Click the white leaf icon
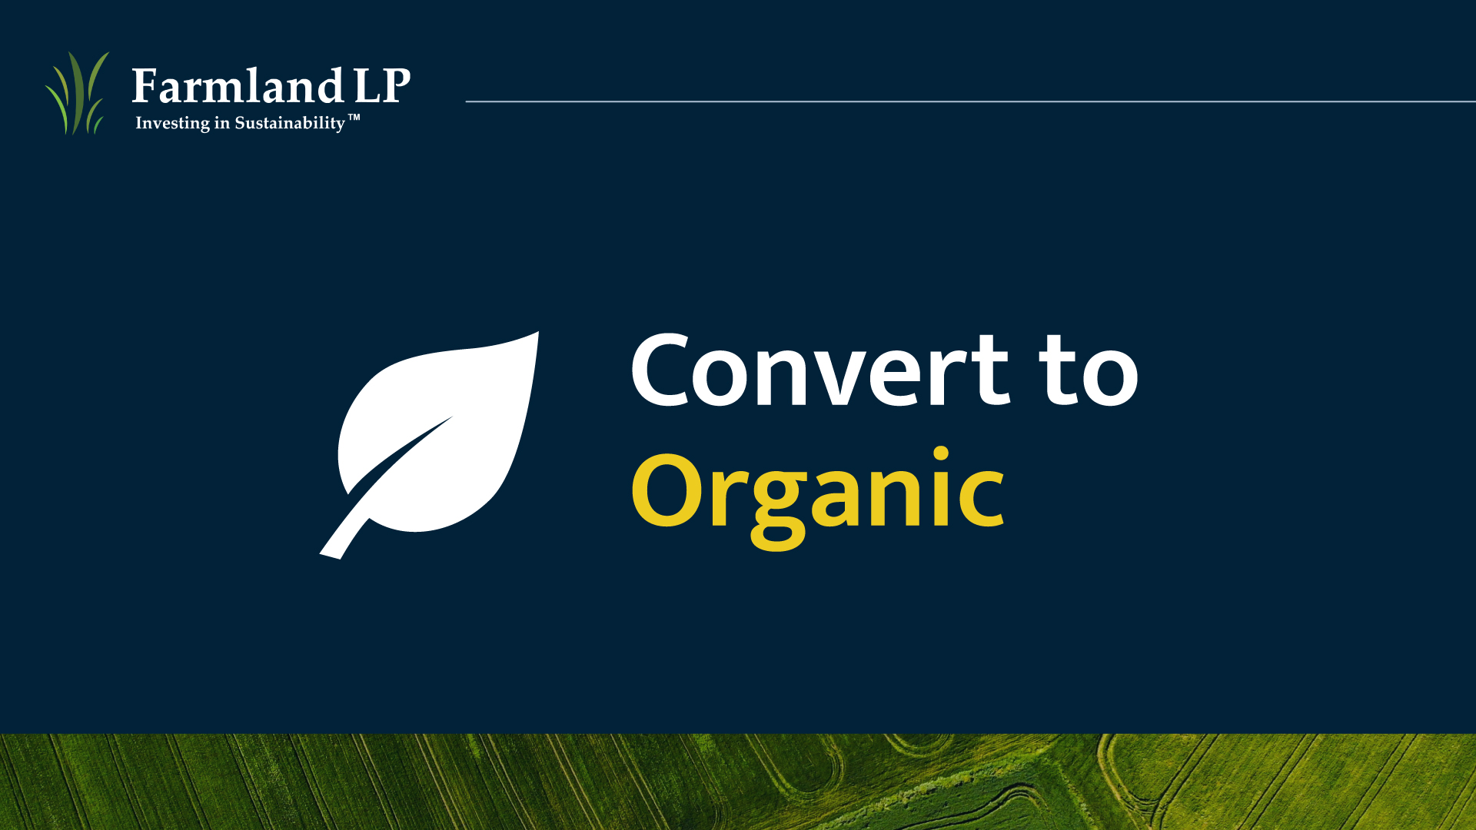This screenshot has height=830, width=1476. pyautogui.click(x=429, y=445)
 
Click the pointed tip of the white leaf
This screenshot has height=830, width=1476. pyautogui.click(x=537, y=333)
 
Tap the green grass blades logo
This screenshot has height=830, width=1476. pyautogui.click(x=77, y=93)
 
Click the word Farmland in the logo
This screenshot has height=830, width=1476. pyautogui.click(x=238, y=85)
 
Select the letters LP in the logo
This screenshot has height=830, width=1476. pyautogui.click(x=382, y=85)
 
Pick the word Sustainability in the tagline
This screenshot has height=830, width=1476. pyautogui.click(x=290, y=124)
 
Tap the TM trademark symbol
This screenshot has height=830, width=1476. pyautogui.click(x=354, y=118)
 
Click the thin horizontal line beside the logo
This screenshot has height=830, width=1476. pyautogui.click(x=970, y=101)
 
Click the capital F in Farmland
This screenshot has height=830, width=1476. pyautogui.click(x=145, y=86)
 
